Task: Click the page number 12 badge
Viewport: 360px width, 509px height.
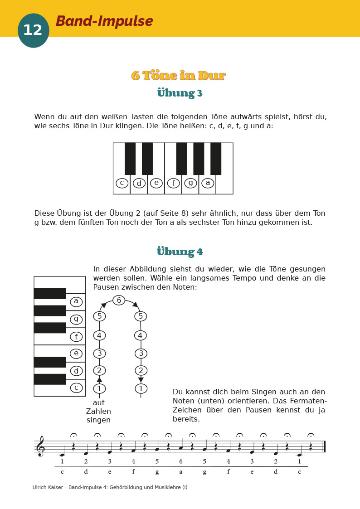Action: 33,30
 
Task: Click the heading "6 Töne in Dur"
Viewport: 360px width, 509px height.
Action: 179,75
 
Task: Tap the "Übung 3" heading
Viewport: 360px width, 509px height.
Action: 180,93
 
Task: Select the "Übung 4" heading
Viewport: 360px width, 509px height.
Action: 180,251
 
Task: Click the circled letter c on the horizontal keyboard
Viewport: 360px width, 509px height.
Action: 122,183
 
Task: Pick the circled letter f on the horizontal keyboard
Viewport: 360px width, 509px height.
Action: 173,183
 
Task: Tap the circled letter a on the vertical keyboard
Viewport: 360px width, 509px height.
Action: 76,301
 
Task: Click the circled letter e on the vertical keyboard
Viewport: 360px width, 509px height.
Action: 76,354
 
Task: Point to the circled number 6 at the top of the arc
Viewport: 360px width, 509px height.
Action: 119,300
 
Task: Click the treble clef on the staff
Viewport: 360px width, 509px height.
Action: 41,446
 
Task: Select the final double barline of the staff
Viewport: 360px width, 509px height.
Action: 324,446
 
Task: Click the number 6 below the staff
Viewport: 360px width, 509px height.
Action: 180,461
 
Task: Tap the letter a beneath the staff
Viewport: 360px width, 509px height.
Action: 180,471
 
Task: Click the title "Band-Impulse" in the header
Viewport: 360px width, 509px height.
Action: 104,21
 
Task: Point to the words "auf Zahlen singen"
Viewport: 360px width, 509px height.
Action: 98,411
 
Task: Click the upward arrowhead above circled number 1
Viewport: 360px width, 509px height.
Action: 99,379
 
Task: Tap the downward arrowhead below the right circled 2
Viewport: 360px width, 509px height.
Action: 141,379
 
